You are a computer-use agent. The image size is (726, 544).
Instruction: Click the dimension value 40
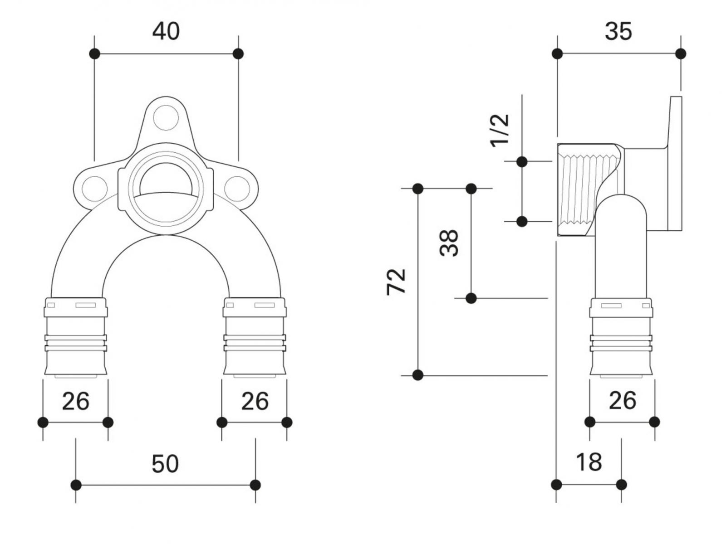(x=166, y=32)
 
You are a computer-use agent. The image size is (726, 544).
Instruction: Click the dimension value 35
(x=618, y=32)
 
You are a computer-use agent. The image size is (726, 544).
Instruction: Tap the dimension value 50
(x=165, y=464)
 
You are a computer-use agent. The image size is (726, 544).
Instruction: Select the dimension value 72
(x=397, y=282)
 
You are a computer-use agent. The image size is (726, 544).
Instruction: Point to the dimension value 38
(x=450, y=243)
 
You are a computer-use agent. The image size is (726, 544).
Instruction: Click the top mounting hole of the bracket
(x=166, y=117)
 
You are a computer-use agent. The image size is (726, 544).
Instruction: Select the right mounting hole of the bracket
(x=236, y=187)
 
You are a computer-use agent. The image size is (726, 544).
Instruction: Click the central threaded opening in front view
(x=166, y=186)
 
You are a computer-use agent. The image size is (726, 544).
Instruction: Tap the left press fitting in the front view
(x=75, y=336)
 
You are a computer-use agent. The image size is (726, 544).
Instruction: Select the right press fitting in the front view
(x=255, y=336)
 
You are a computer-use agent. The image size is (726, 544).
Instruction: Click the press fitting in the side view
(x=621, y=336)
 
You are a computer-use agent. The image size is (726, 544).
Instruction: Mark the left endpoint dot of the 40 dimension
(x=94, y=54)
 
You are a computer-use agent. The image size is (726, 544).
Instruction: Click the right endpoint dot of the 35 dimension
(x=680, y=54)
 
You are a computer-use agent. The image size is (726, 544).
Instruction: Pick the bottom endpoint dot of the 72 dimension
(x=418, y=375)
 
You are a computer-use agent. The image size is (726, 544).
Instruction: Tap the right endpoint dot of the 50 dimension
(x=255, y=485)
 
